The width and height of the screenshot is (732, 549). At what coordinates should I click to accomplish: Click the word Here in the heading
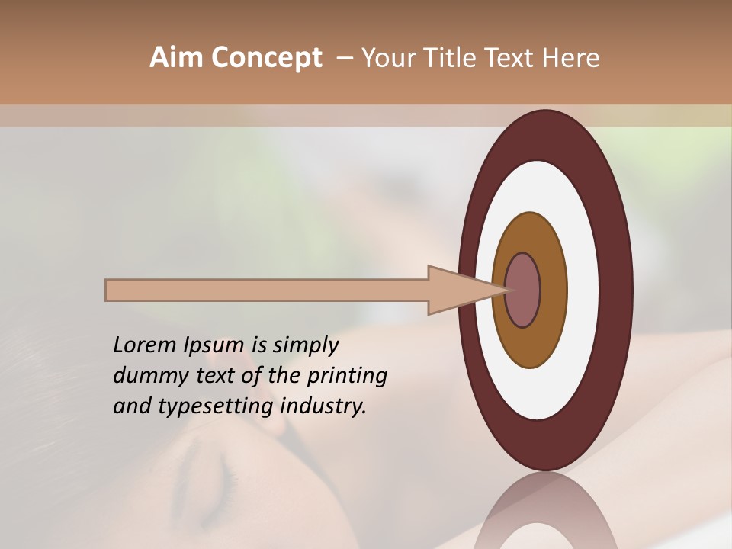coord(572,58)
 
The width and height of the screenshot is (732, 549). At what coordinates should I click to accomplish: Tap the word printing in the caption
coord(346,376)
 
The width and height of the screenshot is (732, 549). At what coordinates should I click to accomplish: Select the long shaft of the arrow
coord(267,291)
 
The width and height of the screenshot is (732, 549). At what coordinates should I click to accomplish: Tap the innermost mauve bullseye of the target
coord(523,291)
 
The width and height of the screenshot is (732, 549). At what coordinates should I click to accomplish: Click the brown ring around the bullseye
coord(553,291)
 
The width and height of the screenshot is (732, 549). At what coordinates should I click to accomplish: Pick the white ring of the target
coord(583,291)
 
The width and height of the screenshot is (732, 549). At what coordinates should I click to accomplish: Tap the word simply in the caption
coord(305,345)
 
